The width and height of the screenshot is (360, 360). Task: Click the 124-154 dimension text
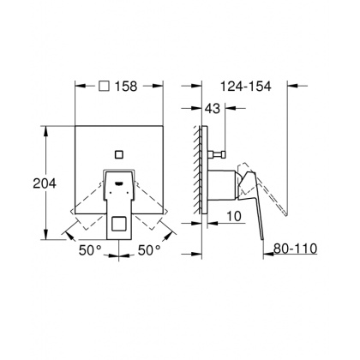(248, 87)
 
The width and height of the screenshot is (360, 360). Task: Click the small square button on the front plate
(119, 155)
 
